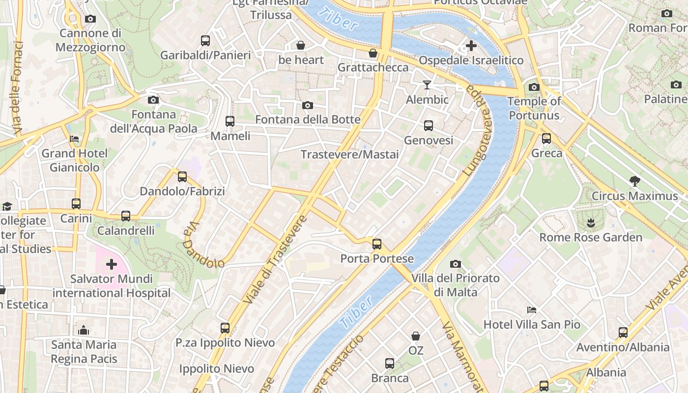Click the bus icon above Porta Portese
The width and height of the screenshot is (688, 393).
tap(377, 244)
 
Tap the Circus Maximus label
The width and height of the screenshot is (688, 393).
tap(634, 196)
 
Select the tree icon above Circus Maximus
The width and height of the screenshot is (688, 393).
tap(635, 181)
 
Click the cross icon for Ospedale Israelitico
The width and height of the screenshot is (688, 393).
tap(471, 46)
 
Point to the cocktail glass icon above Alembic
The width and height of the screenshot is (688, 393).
tap(427, 85)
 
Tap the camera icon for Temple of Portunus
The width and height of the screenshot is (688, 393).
tap(534, 87)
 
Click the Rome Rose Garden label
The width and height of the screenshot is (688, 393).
tap(591, 237)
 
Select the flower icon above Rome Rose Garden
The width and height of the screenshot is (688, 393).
tap(591, 224)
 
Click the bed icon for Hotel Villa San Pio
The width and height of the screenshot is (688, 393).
tap(532, 310)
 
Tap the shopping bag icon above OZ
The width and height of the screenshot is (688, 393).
tap(416, 336)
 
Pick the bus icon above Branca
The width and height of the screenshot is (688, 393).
tap(390, 364)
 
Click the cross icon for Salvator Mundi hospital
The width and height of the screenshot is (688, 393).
tap(112, 264)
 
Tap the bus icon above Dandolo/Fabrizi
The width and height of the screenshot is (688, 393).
tap(182, 176)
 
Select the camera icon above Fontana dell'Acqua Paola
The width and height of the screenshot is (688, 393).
tap(153, 100)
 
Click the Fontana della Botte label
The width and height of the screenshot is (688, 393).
tap(308, 119)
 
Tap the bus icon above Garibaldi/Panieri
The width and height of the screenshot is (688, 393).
tap(205, 40)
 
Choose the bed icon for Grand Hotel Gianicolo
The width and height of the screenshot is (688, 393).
tap(74, 139)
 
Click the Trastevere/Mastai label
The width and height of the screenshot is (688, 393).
tap(349, 154)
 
